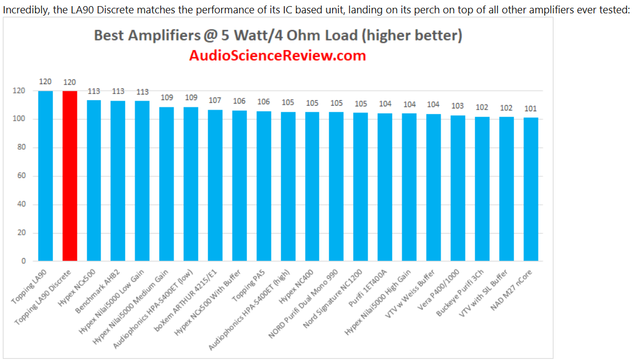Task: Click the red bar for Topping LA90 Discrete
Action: pyautogui.click(x=70, y=176)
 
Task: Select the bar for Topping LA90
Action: pyautogui.click(x=46, y=176)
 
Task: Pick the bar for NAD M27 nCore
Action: pyautogui.click(x=531, y=189)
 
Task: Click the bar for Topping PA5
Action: pyautogui.click(x=264, y=186)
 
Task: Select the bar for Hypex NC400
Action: pyautogui.click(x=312, y=186)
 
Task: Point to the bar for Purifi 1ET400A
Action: pyautogui.click(x=385, y=187)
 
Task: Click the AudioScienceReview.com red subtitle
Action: pyautogui.click(x=278, y=56)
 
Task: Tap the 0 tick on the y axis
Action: pyautogui.click(x=23, y=261)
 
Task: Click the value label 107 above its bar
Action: pyautogui.click(x=215, y=101)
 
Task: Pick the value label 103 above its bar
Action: pyautogui.click(x=457, y=106)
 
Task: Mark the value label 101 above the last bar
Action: pyautogui.click(x=530, y=109)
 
